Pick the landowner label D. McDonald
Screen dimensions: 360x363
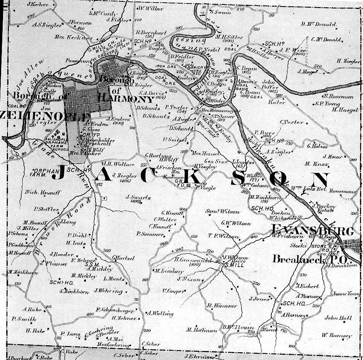click(318, 24)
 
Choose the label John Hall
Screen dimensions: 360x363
click(338, 318)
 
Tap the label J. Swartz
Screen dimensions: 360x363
click(138, 197)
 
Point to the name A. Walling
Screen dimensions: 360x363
click(160, 313)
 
